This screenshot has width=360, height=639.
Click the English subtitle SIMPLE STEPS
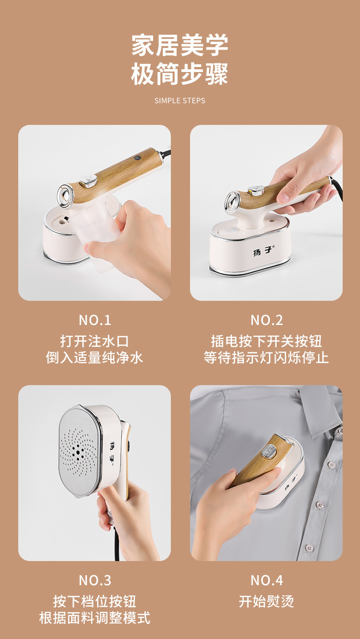pos(180,101)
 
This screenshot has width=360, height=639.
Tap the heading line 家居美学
pos(180,45)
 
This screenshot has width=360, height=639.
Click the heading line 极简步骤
pos(180,74)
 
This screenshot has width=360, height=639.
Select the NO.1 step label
pos(95,320)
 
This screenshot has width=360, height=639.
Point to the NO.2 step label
pos(267,320)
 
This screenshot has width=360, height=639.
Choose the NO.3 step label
pos(95,580)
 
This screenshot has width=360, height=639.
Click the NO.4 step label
pos(267,580)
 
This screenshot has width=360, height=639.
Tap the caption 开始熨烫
pos(267,602)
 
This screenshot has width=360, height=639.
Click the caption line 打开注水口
pos(94,341)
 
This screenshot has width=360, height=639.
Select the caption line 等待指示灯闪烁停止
pos(267,357)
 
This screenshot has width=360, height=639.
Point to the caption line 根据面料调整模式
pos(95,618)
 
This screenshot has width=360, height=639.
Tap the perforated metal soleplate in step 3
pos(79,452)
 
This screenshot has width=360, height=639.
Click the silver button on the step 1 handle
pos(89,181)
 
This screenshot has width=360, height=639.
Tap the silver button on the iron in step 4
pos(269,452)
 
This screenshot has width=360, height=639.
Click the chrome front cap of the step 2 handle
pos(233,202)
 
